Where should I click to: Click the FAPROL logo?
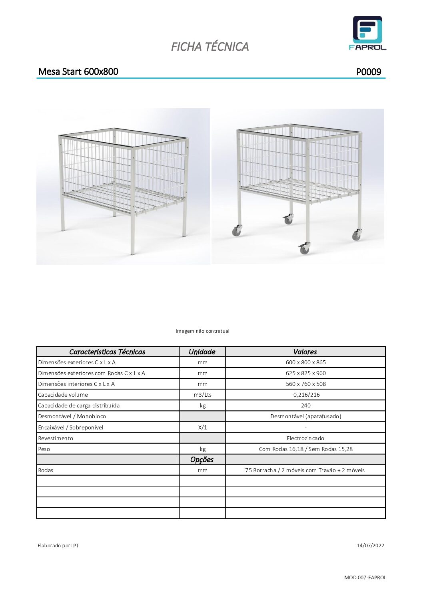(367, 33)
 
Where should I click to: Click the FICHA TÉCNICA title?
(210, 47)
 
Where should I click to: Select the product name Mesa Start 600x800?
(78, 72)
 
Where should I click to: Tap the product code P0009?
(369, 72)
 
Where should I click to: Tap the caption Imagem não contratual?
(203, 331)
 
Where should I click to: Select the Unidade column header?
(202, 352)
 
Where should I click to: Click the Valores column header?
(305, 352)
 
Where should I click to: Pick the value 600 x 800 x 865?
(305, 362)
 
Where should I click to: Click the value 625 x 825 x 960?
(305, 373)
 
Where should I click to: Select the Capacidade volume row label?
(63, 395)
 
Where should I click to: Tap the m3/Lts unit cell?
(202, 395)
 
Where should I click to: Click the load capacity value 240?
(305, 405)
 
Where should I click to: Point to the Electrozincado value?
(305, 438)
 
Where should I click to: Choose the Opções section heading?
(202, 459)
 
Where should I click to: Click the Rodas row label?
(46, 470)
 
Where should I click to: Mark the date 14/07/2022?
(370, 546)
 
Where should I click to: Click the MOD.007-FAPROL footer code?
(365, 577)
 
